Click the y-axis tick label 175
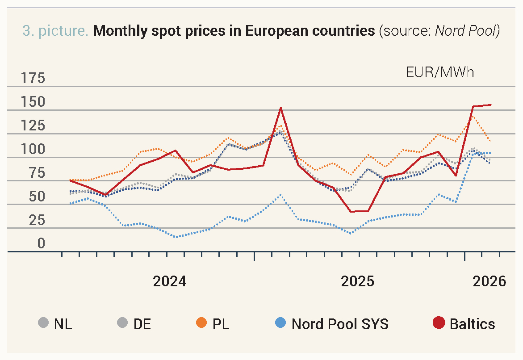pos(33,79)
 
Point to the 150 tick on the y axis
pos(33,102)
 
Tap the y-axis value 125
pos(33,126)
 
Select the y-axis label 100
pos(33,149)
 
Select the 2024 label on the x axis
pos(169,281)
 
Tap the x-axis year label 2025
pos(357,281)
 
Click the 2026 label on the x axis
pos(490,281)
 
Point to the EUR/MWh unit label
pos(440,72)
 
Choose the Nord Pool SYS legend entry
pos(339,324)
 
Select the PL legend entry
pos(221,324)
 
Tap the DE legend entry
pos(142,324)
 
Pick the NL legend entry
pos(63,324)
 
